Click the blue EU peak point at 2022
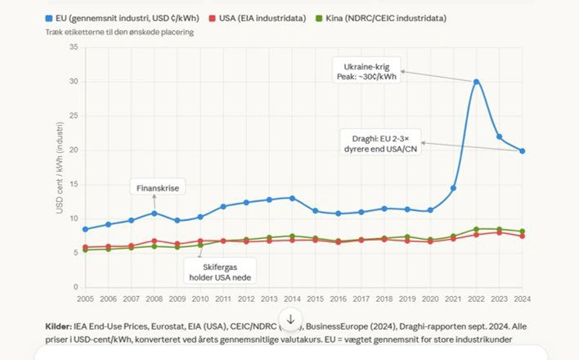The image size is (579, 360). click(476, 82)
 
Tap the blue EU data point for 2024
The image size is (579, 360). click(522, 151)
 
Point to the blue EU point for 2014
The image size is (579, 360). click(292, 198)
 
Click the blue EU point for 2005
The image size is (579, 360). click(85, 229)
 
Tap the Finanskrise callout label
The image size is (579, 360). click(157, 188)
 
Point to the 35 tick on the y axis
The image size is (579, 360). click(73, 47)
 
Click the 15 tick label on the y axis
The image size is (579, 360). click(73, 184)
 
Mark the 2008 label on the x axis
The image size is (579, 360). click(154, 299)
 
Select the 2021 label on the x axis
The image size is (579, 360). click(453, 299)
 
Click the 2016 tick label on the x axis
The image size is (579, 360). click(338, 299)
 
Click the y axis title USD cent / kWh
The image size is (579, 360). click(60, 169)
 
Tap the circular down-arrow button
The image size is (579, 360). click(290, 319)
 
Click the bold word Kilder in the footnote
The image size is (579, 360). click(60, 326)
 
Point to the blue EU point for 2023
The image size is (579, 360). click(499, 137)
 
